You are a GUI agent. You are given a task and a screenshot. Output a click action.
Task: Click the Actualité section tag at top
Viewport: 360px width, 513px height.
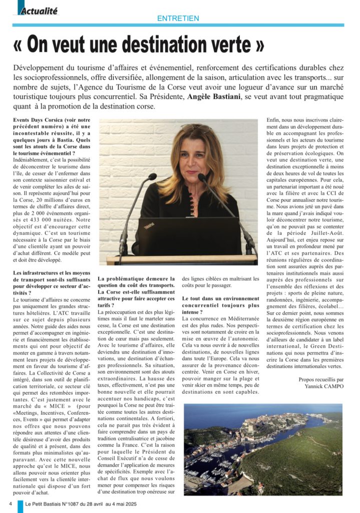[x=39, y=10]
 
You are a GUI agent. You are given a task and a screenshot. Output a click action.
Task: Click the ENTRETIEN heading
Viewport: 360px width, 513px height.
[x=178, y=19]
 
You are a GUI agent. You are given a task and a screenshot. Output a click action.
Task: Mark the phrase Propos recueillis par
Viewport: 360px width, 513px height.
[x=320, y=379]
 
